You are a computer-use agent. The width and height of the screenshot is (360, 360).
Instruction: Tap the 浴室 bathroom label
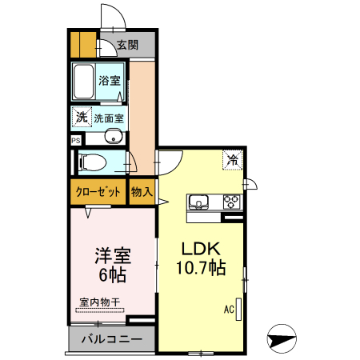tap(110, 81)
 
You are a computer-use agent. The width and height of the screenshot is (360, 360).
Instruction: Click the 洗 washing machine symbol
tap(81, 118)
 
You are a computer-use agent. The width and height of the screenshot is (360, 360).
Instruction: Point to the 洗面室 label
tap(109, 118)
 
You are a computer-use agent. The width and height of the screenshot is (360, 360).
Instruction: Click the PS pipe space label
tap(76, 139)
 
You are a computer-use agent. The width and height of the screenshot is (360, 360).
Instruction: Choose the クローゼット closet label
tap(98, 192)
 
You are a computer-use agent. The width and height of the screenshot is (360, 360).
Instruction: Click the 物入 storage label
tap(142, 192)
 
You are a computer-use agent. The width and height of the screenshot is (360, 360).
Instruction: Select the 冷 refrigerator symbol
tap(234, 159)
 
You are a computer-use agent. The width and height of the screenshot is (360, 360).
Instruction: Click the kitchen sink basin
tap(198, 200)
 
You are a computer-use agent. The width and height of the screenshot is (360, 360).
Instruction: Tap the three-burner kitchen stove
tap(232, 200)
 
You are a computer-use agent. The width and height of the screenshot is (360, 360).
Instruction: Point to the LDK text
tap(199, 249)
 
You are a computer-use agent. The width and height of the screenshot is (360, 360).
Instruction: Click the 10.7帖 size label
tap(200, 270)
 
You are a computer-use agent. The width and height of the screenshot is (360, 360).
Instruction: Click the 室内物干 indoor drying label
tap(100, 302)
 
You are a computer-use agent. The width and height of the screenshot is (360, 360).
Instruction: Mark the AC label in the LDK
tap(228, 309)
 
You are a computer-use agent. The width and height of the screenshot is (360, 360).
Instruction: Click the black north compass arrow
tap(282, 338)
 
